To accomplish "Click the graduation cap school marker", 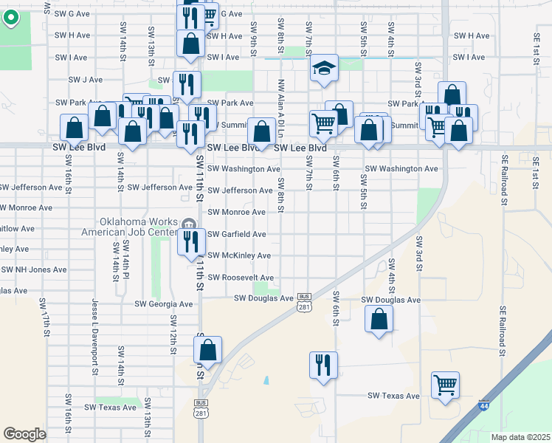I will (323, 69).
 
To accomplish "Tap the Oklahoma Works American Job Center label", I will (139, 228).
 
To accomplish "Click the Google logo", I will (24, 433).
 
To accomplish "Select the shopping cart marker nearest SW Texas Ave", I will (445, 385).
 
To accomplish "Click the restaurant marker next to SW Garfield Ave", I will (190, 242).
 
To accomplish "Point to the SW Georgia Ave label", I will (163, 304).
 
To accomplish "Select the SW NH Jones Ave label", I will (26, 270).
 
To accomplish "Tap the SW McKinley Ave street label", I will (238, 256).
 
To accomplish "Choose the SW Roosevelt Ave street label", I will (241, 278).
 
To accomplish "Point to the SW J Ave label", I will (85, 80).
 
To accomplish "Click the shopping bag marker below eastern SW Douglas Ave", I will (379, 319).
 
